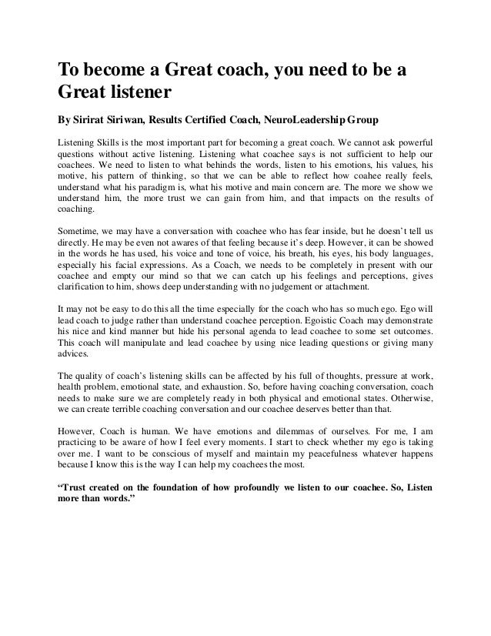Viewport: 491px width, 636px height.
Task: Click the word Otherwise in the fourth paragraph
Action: (408, 400)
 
